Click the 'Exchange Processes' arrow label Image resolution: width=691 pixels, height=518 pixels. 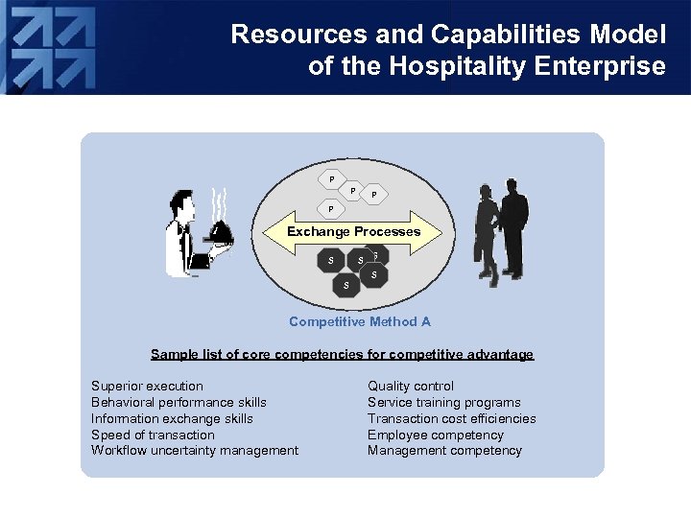(353, 231)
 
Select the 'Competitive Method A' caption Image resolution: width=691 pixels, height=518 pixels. (360, 321)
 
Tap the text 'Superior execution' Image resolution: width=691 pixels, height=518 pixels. (147, 386)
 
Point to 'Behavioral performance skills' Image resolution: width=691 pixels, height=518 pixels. (179, 402)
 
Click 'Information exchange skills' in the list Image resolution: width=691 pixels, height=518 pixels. (172, 418)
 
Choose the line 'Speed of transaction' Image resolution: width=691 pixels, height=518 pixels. (153, 435)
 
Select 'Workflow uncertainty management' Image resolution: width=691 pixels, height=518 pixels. (195, 451)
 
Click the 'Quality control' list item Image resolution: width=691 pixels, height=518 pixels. (411, 386)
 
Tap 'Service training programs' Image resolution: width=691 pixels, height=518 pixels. (444, 402)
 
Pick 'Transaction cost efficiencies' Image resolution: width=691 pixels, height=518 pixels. (452, 418)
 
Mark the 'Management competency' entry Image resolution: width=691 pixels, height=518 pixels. (444, 451)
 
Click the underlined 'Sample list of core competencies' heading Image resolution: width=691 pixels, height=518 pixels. (342, 354)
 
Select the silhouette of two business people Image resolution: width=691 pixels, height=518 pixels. (501, 230)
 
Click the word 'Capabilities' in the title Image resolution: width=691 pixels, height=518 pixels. (500, 35)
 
